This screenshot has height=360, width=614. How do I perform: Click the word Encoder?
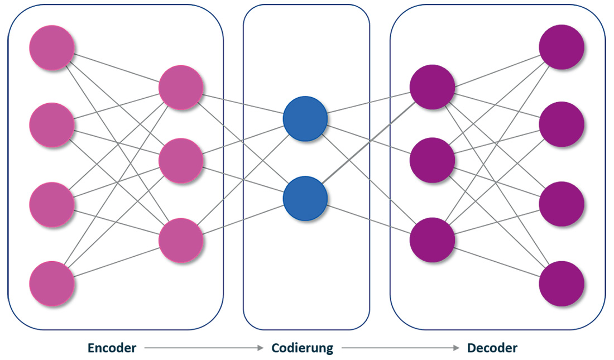112,348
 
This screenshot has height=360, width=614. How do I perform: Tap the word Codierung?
302,348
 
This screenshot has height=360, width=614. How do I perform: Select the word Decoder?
492,348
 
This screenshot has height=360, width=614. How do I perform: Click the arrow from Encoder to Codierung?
204,348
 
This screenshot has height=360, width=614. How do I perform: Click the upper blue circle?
305,119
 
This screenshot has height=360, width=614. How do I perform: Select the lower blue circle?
305,198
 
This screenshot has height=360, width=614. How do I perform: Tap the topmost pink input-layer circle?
52,48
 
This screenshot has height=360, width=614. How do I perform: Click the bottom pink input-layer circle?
52,282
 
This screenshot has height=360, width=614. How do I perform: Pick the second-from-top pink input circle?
52,125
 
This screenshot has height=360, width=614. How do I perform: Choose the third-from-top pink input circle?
52,203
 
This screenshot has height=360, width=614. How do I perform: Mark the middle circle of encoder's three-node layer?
180,161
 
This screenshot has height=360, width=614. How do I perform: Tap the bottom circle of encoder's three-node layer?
180,240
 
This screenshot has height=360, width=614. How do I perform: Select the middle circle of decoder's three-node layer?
432,160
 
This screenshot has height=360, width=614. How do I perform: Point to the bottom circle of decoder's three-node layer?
432,240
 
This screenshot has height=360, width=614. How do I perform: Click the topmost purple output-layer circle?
562,48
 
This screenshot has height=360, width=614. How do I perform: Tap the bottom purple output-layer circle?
562,284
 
